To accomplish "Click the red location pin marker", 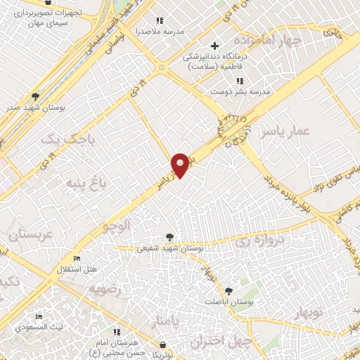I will coord(181,165).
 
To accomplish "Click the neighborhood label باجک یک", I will coord(67,141).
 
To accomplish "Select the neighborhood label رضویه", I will coord(105,289).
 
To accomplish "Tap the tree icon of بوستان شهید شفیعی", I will coord(169,237).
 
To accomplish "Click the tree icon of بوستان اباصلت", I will coord(229,290).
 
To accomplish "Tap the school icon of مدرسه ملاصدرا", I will coord(159,21).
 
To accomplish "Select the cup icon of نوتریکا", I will coord(164,345).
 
